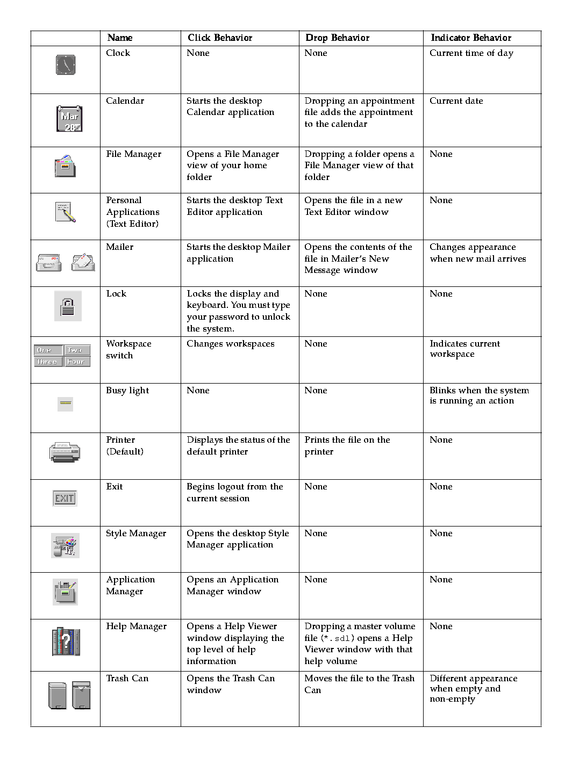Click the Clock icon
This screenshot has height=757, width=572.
coord(66,65)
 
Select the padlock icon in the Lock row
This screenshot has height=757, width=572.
coord(68,306)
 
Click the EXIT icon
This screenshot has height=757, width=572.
coord(65,498)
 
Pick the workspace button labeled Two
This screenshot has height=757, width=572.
coord(77,350)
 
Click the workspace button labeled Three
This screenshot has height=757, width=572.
coord(47,362)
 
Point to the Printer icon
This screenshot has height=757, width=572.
coord(65,452)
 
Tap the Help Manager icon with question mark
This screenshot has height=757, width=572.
coord(66,641)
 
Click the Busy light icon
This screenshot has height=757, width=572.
coord(65,402)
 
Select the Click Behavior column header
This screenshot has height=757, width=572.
coord(220,38)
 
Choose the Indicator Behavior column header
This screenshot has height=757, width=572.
coord(471,38)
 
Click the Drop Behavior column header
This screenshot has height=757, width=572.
coord(337,38)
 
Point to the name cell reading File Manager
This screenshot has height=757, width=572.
coord(133,154)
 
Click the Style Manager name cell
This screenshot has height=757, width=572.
coord(136,533)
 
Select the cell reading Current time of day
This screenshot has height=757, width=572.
coord(471,53)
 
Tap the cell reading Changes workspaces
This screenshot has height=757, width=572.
coord(230,344)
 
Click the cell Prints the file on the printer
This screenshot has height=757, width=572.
coord(347,445)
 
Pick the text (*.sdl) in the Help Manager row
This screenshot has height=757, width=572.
coord(337,638)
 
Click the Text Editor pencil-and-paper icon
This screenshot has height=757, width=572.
coord(66,212)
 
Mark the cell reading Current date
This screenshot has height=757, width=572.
coord(456,101)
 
